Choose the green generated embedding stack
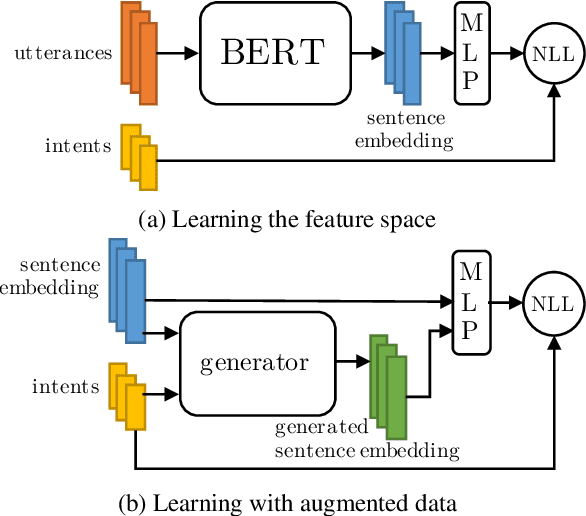386,386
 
